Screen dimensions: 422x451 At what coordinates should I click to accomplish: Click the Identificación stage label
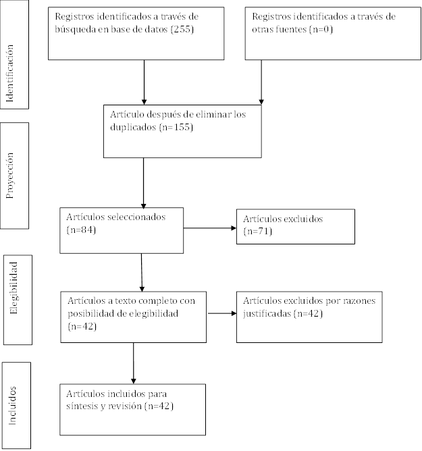[x=10, y=74]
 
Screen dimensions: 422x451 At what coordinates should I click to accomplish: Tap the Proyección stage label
[x=10, y=176]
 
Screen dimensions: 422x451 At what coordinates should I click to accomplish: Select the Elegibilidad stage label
[x=14, y=288]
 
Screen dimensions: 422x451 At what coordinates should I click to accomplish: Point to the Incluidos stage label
[x=12, y=406]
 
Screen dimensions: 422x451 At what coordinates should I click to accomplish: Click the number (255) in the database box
[x=182, y=29]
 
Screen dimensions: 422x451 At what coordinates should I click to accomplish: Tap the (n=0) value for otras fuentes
[x=321, y=29]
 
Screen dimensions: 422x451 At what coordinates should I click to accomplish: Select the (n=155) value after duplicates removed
[x=176, y=127]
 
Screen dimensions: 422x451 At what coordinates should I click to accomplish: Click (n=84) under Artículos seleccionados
[x=81, y=230]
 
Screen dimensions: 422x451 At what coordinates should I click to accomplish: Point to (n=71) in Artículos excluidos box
[x=258, y=232]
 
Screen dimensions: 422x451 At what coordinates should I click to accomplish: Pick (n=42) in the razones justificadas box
[x=308, y=313]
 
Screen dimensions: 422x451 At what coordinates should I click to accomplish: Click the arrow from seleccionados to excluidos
[x=210, y=228]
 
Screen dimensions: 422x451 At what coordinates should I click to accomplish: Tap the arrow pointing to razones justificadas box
[x=222, y=313]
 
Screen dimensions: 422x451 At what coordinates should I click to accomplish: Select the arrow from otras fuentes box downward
[x=261, y=82]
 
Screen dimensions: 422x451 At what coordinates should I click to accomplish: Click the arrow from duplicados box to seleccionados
[x=144, y=183]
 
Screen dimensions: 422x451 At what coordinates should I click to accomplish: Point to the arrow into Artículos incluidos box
[x=134, y=363]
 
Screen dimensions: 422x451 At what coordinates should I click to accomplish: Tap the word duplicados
[x=133, y=127]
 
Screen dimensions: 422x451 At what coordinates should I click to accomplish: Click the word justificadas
[x=267, y=313]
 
